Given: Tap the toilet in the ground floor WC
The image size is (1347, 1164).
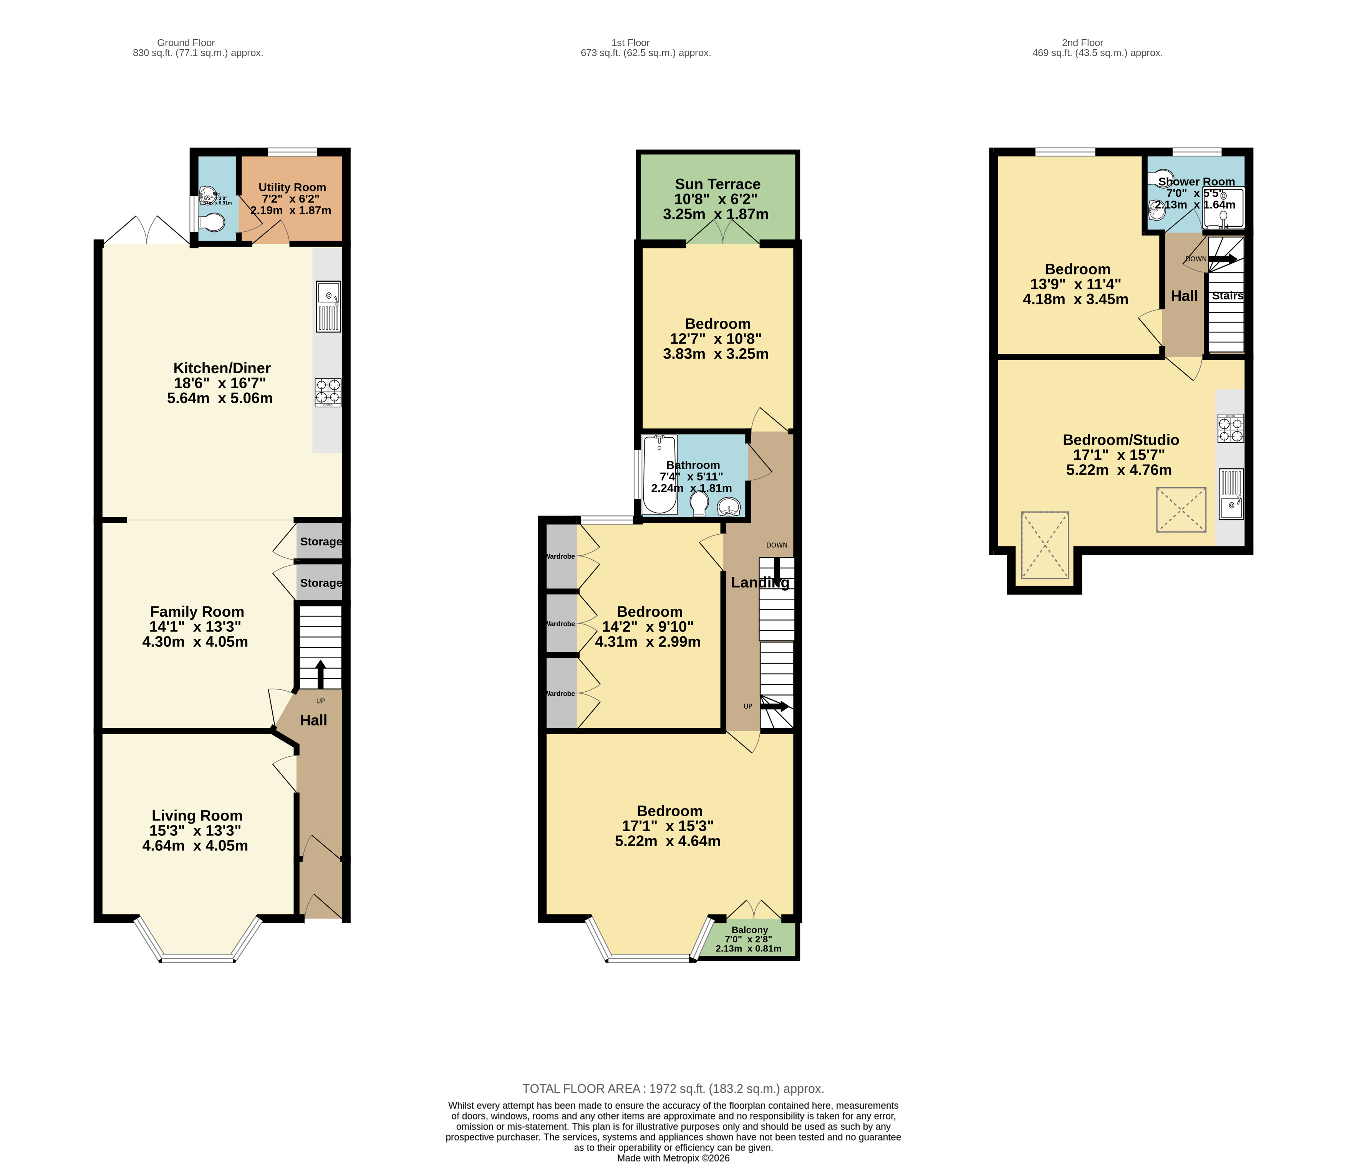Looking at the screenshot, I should point(212,223).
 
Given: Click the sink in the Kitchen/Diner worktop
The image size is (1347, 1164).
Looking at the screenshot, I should point(328,306).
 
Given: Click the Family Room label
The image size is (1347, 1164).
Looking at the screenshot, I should point(197,612).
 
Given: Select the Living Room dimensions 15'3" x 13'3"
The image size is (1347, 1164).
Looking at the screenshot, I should point(195,830).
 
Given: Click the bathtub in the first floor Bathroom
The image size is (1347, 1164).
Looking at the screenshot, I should point(659,475).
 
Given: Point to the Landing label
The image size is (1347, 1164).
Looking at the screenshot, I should point(759,583).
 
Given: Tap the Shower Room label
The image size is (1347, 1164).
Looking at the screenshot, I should point(1196,182).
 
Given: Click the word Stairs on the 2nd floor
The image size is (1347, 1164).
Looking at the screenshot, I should point(1227,296).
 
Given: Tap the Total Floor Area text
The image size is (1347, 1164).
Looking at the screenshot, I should point(673,1089).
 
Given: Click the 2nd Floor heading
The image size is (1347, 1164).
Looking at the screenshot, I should point(1082,43).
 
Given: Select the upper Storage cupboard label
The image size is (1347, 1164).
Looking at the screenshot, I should point(320,542).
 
